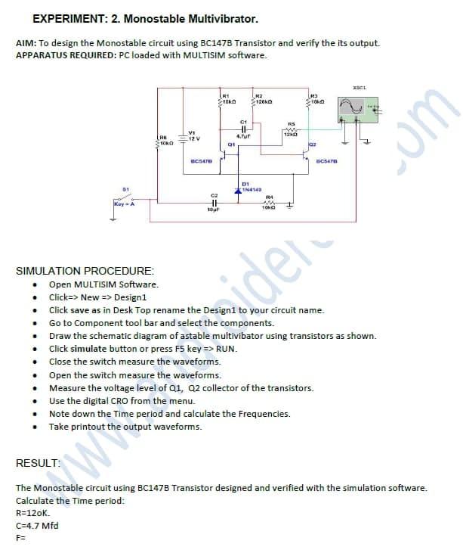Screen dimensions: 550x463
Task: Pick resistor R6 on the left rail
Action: point(158,140)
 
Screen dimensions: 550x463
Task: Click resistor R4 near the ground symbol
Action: point(269,201)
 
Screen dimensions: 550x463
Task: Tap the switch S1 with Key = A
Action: point(124,198)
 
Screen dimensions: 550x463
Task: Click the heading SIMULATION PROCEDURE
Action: point(85,270)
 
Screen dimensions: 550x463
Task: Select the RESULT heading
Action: point(38,462)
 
